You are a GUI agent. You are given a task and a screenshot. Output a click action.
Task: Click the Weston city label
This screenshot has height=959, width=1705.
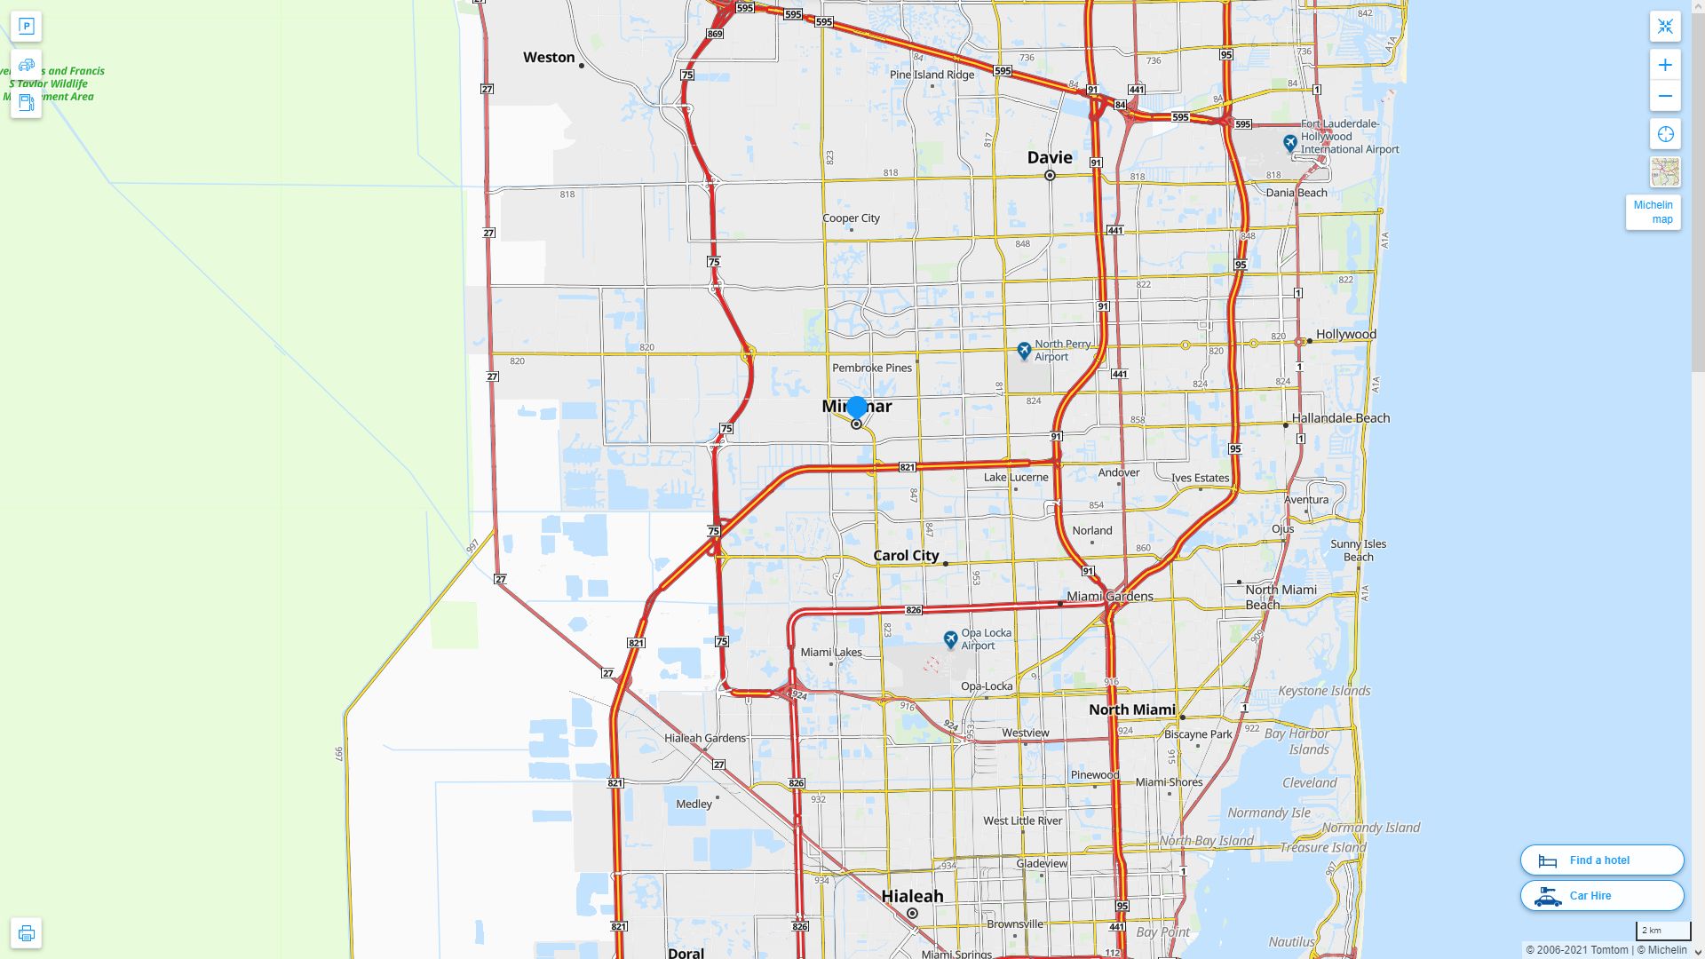[x=549, y=58]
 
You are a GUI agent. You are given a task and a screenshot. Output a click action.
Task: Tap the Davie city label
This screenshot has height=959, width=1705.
[x=1050, y=158]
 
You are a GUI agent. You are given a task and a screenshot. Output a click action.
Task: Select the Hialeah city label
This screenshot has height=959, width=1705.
[x=912, y=896]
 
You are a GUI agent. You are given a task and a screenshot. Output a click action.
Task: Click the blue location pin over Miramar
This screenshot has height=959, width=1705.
[x=857, y=408]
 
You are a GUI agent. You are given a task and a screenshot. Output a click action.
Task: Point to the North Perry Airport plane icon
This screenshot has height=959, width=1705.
[x=1024, y=351]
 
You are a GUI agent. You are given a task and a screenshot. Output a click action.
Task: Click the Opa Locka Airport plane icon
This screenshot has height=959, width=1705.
[x=950, y=639]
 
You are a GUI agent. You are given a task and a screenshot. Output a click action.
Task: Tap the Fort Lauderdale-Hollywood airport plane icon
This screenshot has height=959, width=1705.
[x=1290, y=142]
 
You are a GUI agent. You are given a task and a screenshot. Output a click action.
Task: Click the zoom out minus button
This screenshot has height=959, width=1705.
[x=1665, y=96]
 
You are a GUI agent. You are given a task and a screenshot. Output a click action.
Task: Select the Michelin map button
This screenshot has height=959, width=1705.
[x=1653, y=212]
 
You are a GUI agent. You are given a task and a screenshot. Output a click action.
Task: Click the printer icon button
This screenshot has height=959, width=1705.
[x=26, y=933]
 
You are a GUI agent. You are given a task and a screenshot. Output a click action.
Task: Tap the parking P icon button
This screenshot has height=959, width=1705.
[x=26, y=26]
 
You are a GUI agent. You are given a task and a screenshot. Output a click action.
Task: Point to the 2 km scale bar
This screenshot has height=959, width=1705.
[x=1662, y=931]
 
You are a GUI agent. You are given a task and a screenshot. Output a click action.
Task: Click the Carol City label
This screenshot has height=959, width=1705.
[x=906, y=556]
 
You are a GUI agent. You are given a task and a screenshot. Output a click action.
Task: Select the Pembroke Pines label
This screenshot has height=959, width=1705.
[x=871, y=368]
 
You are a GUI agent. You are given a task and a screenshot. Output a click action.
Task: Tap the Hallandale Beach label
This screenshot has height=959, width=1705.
[x=1340, y=418]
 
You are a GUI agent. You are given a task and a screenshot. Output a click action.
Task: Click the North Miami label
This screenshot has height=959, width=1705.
[x=1131, y=709]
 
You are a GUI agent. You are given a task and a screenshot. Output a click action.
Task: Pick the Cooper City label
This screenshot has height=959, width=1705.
[x=851, y=218]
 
